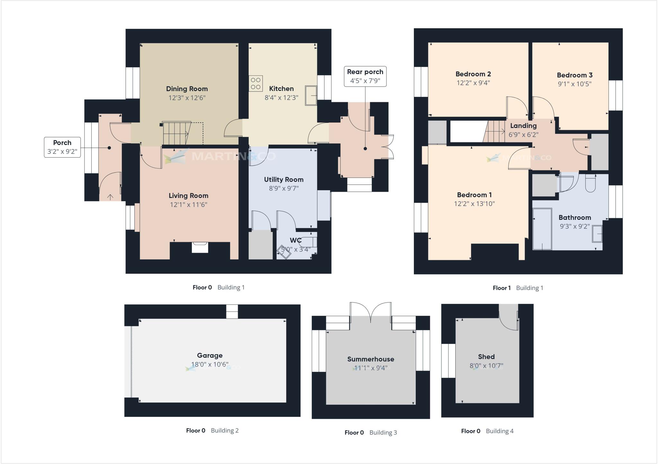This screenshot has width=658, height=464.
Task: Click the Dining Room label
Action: tap(187, 89)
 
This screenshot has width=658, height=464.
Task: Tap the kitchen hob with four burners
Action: tap(256, 83)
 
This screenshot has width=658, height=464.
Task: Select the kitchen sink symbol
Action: tap(311, 95)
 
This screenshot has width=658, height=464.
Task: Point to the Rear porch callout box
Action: tap(365, 76)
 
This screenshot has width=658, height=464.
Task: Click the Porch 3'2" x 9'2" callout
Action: tap(62, 147)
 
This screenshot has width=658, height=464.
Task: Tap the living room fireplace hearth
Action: tap(200, 247)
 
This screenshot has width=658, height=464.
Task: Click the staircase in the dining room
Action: tap(175, 133)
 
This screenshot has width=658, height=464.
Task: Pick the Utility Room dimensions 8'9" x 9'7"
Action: tap(284, 188)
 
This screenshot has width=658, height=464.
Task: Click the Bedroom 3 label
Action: tap(574, 75)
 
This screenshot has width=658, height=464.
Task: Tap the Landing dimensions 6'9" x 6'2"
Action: tap(523, 135)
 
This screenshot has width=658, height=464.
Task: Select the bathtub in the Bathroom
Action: tap(542, 229)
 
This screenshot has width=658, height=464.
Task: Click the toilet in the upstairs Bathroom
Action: tap(590, 184)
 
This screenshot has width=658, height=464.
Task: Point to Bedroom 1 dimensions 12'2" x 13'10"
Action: tap(474, 204)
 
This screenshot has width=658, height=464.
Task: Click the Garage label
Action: tap(209, 356)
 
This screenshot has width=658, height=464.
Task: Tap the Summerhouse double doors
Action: tap(370, 311)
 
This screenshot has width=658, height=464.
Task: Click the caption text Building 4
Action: tap(500, 431)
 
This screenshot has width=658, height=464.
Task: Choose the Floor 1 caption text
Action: tap(502, 288)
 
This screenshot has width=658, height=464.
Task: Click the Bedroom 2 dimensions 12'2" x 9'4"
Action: tap(473, 83)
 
